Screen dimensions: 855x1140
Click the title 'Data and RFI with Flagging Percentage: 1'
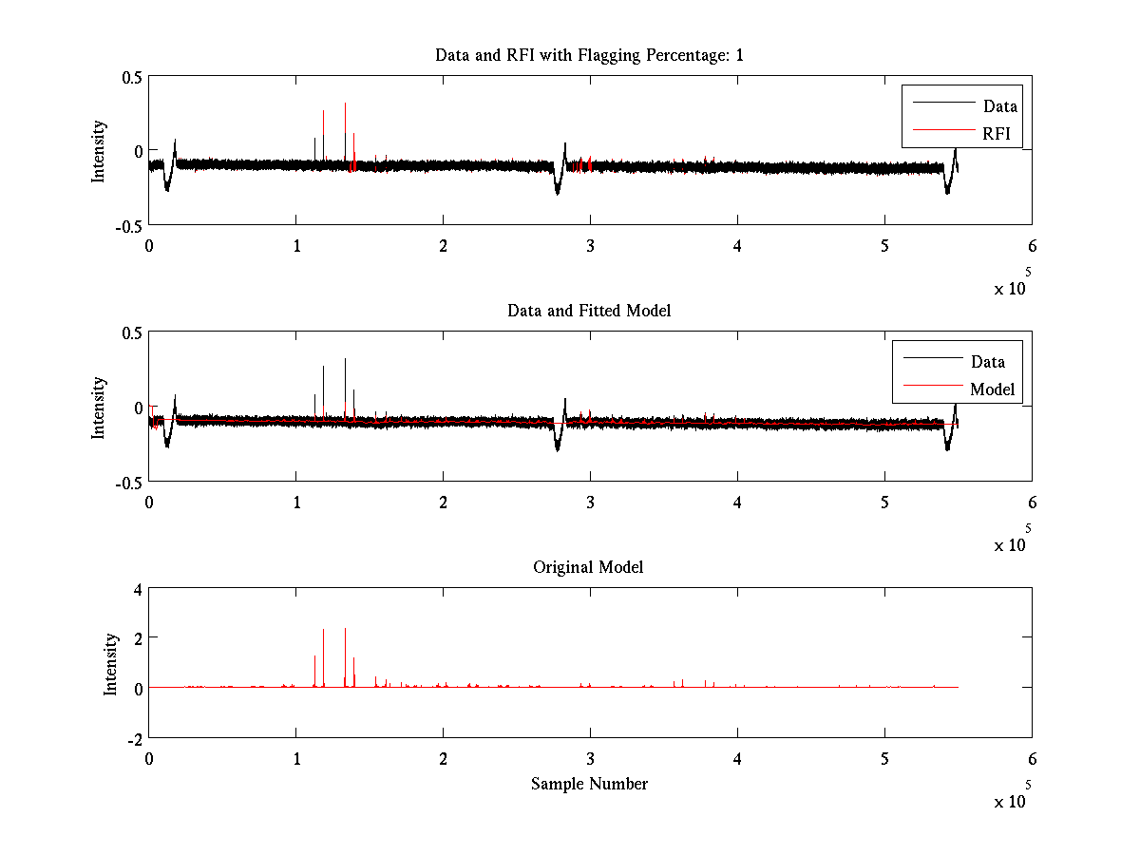[x=589, y=55]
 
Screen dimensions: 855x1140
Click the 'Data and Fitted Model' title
[x=589, y=311]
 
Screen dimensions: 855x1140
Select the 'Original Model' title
[x=588, y=567]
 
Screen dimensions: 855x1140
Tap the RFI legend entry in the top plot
[x=997, y=133]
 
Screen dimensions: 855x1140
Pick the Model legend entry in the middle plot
[x=992, y=389]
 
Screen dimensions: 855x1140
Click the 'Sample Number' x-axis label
[x=589, y=784]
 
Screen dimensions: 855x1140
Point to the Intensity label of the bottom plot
[x=112, y=663]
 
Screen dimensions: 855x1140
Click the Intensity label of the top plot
[x=99, y=151]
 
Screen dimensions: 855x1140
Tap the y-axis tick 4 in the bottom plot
[x=137, y=588]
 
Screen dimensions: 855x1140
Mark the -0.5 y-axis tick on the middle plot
[x=128, y=483]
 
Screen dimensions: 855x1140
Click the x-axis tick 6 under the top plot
[x=1032, y=246]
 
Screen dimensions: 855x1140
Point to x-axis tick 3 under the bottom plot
[x=590, y=759]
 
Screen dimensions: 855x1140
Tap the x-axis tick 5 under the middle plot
[x=884, y=503]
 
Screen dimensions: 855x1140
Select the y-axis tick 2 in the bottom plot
[x=137, y=637]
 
